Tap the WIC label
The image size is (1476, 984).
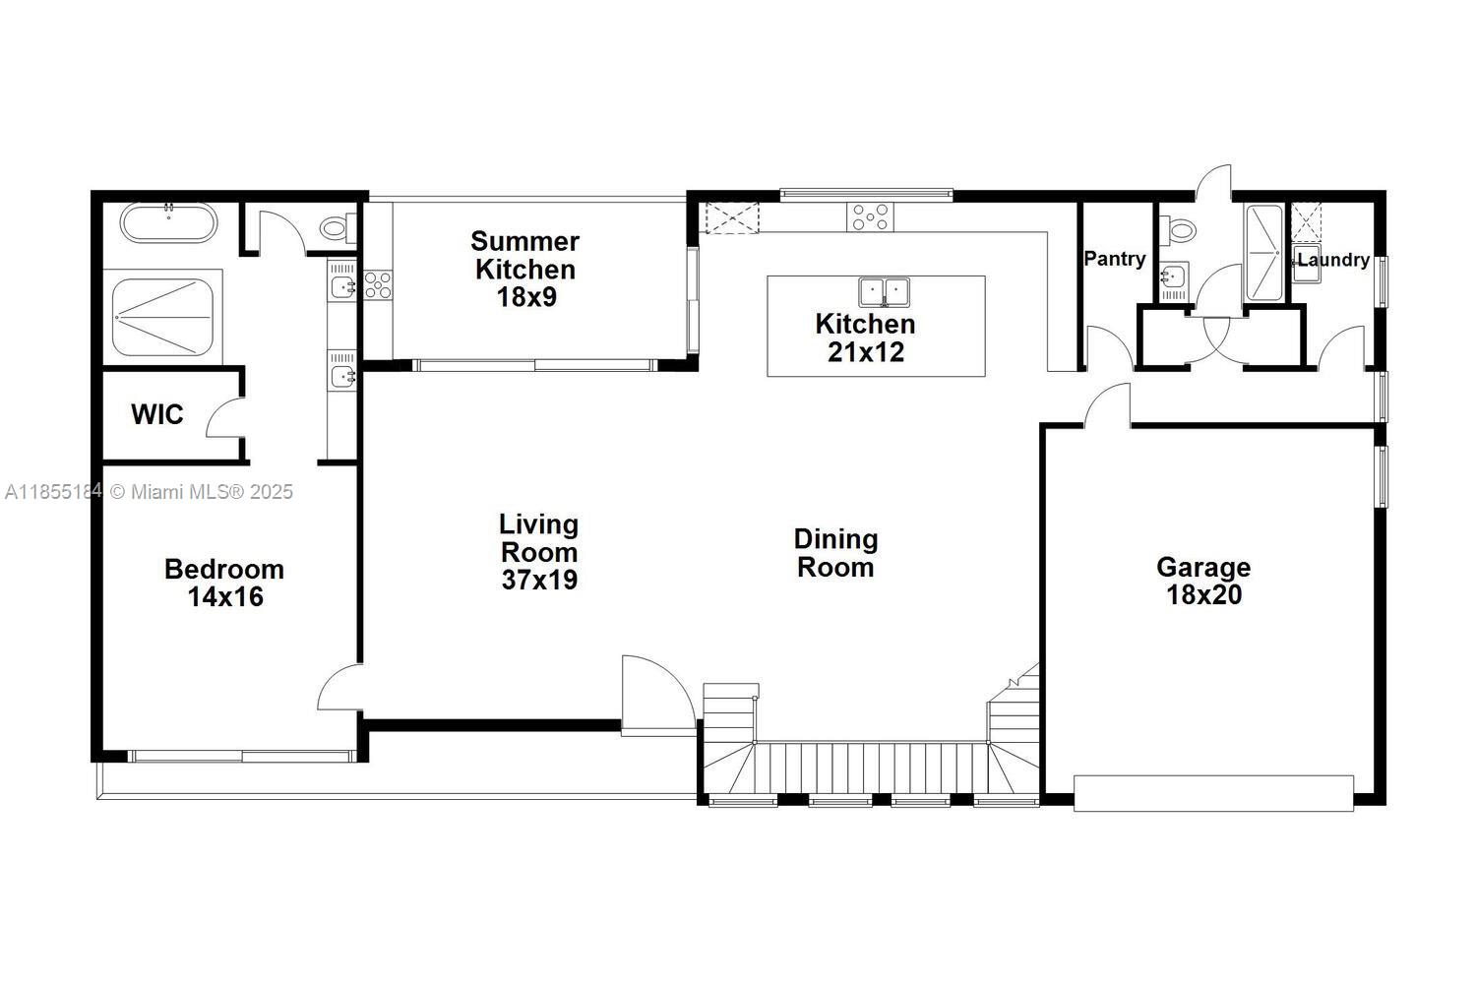click(157, 414)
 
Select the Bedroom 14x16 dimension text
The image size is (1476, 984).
click(225, 596)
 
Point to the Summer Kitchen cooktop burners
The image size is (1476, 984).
click(377, 285)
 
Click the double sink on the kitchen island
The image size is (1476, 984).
click(885, 292)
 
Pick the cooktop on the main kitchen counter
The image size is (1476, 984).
click(871, 216)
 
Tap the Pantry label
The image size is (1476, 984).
click(1115, 259)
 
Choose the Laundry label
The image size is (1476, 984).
click(1333, 260)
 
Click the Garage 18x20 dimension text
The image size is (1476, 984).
click(1203, 594)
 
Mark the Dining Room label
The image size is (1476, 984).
click(835, 553)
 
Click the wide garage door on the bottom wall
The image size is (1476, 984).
click(1213, 793)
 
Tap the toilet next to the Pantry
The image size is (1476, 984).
click(1179, 230)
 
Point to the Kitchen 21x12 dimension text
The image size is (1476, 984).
click(865, 351)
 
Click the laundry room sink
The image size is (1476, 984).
click(1307, 267)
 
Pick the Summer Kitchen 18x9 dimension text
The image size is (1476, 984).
click(525, 296)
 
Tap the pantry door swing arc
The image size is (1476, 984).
click(1106, 346)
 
